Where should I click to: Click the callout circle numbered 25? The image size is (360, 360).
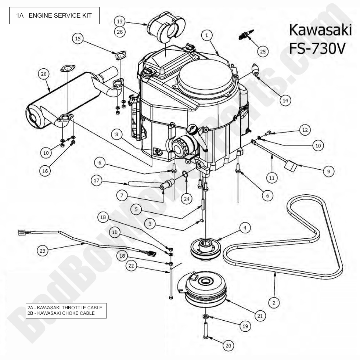[262, 52]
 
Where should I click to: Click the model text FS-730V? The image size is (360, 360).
[317, 48]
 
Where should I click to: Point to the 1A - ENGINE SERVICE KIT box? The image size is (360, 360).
[54, 16]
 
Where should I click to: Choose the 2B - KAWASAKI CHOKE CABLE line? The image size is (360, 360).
[61, 313]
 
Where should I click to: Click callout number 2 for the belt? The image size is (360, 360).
[274, 303]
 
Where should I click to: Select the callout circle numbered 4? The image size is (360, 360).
[244, 228]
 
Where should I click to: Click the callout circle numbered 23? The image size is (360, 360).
[43, 251]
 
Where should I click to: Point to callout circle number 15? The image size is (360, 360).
[78, 38]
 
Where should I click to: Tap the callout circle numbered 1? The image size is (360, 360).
[207, 36]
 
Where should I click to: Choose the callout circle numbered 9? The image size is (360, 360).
[328, 171]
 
